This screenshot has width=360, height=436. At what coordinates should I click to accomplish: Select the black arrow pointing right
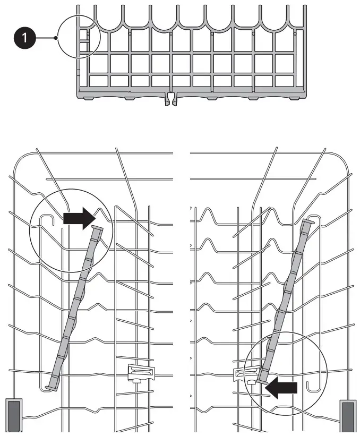tap(79, 217)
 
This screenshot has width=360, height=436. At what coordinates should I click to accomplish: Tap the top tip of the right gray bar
tap(308, 220)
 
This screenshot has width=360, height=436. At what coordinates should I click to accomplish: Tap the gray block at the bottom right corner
tap(347, 415)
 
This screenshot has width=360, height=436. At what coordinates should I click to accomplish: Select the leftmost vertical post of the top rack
tap(78, 48)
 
